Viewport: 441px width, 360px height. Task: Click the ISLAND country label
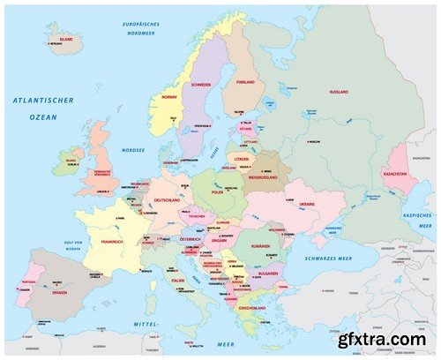coord(66,40)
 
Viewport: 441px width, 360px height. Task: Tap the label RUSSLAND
coord(338,92)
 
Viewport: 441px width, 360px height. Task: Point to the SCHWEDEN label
coord(200,86)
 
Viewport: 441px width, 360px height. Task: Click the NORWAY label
coord(169,98)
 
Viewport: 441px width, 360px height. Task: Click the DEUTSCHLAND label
coord(167,200)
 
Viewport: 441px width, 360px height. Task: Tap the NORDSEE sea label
coord(133,150)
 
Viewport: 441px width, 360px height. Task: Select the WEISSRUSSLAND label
coord(265,177)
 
